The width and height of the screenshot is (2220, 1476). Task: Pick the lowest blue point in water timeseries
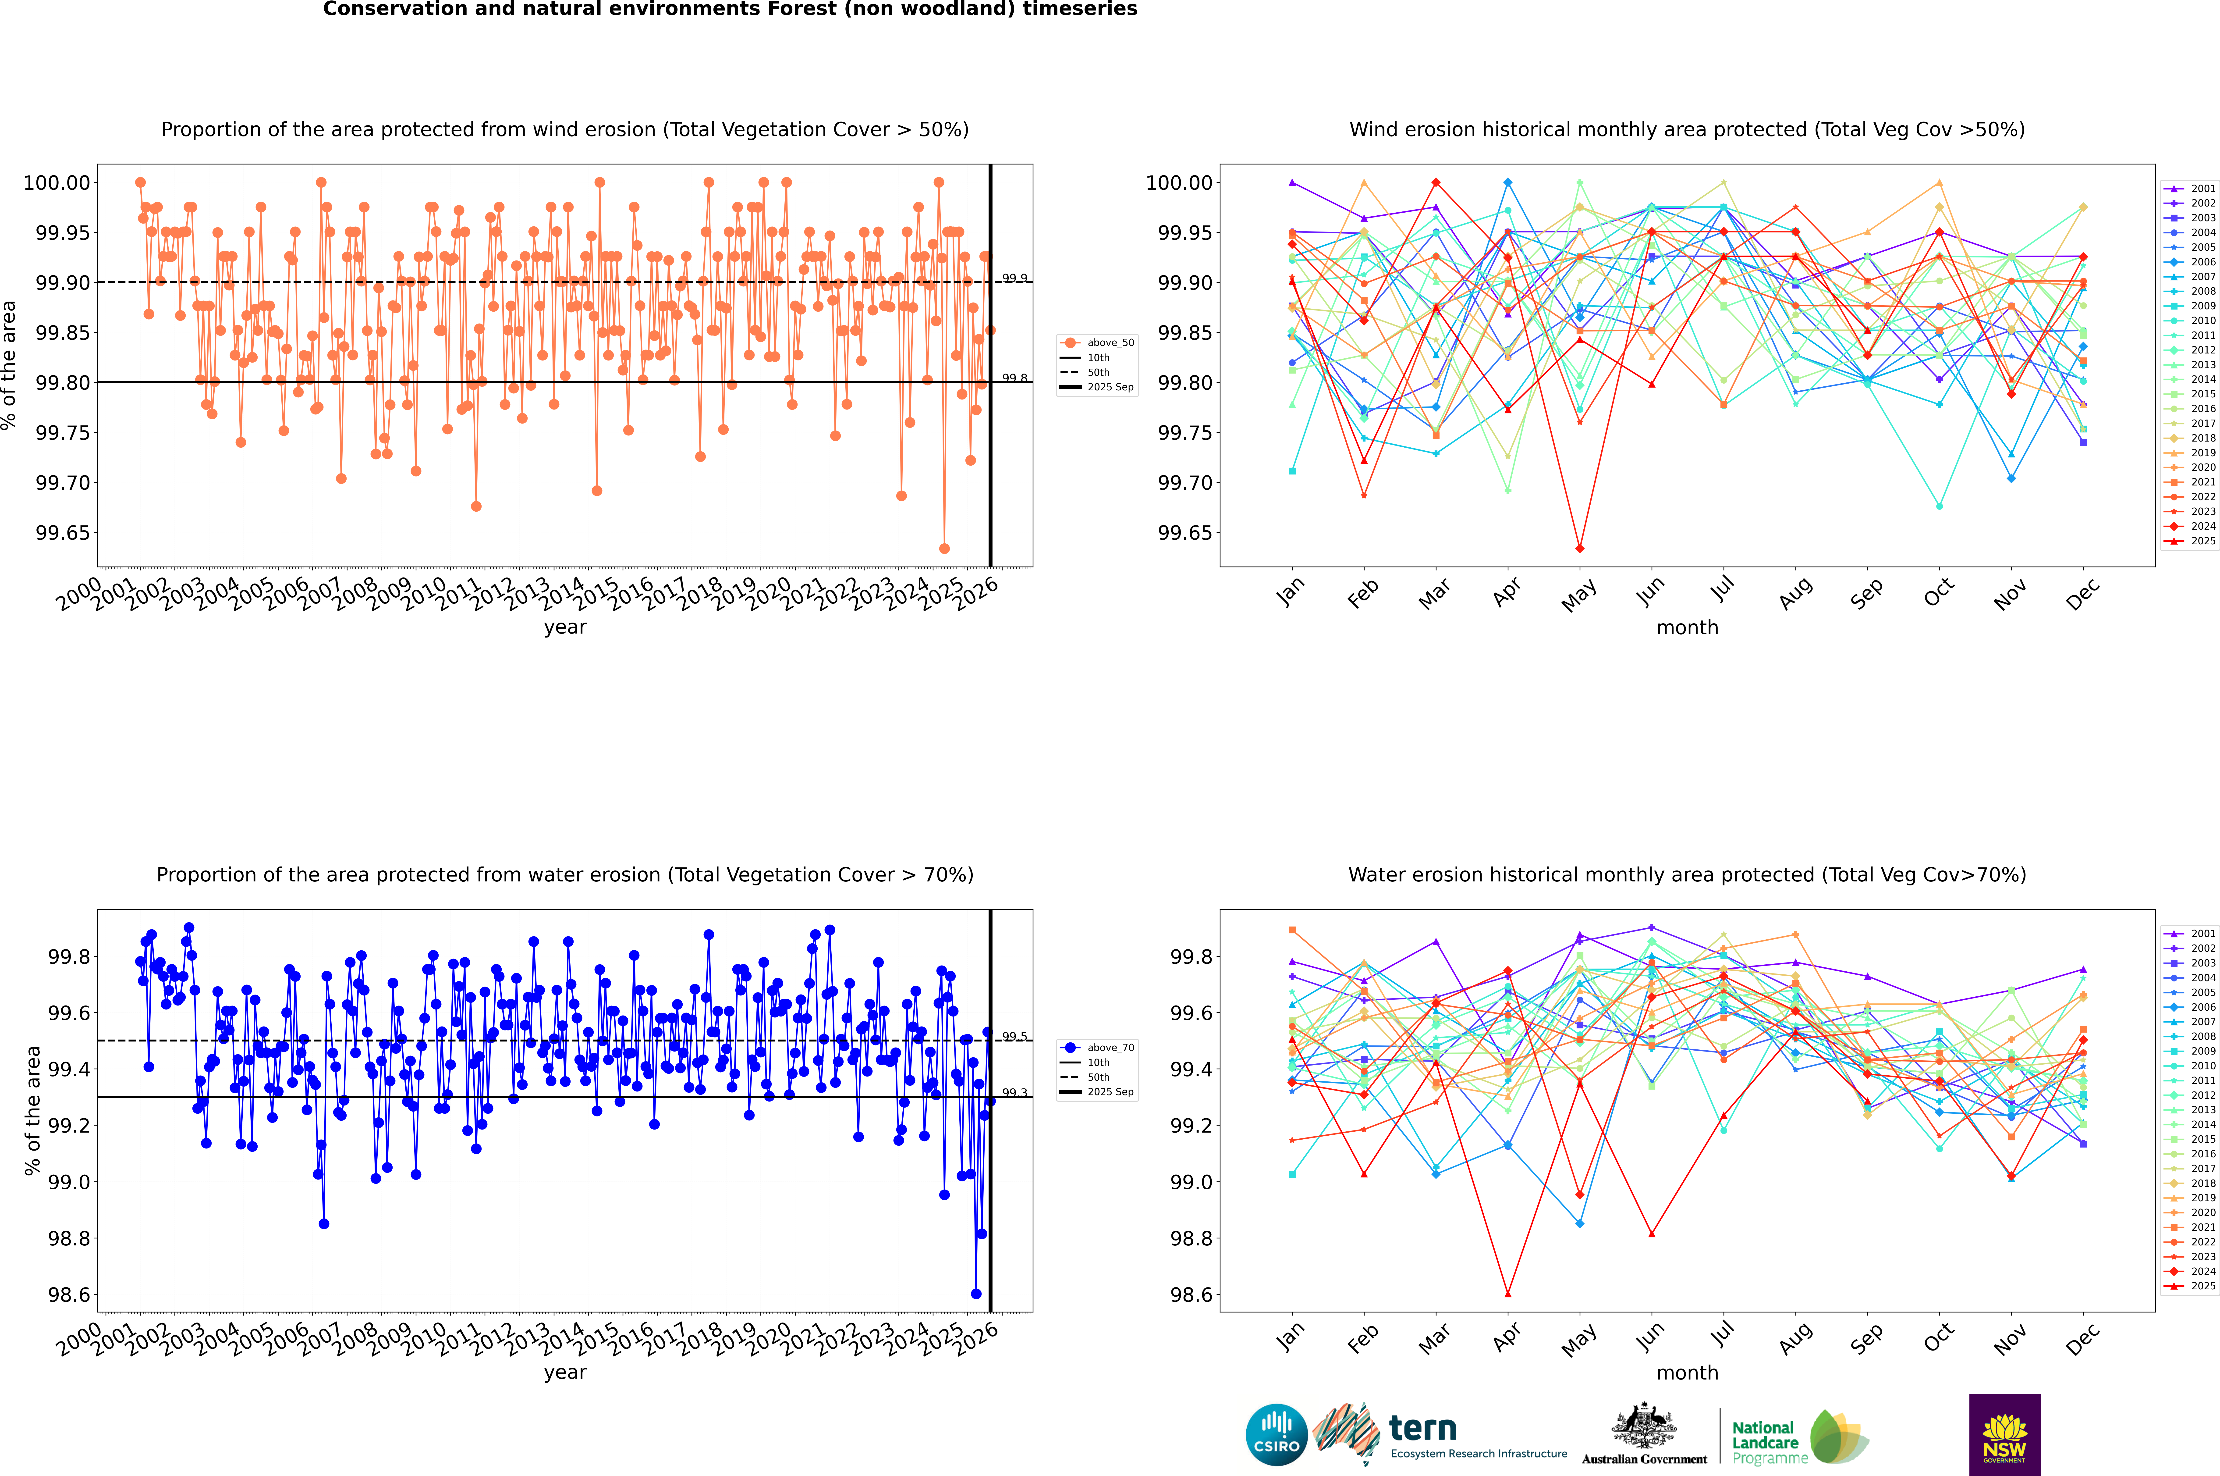(976, 1293)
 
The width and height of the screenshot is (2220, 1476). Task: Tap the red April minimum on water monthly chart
(1508, 1293)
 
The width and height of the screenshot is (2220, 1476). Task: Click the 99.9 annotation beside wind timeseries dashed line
(1014, 279)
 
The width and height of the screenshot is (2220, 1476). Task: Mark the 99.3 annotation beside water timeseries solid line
(1014, 1093)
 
